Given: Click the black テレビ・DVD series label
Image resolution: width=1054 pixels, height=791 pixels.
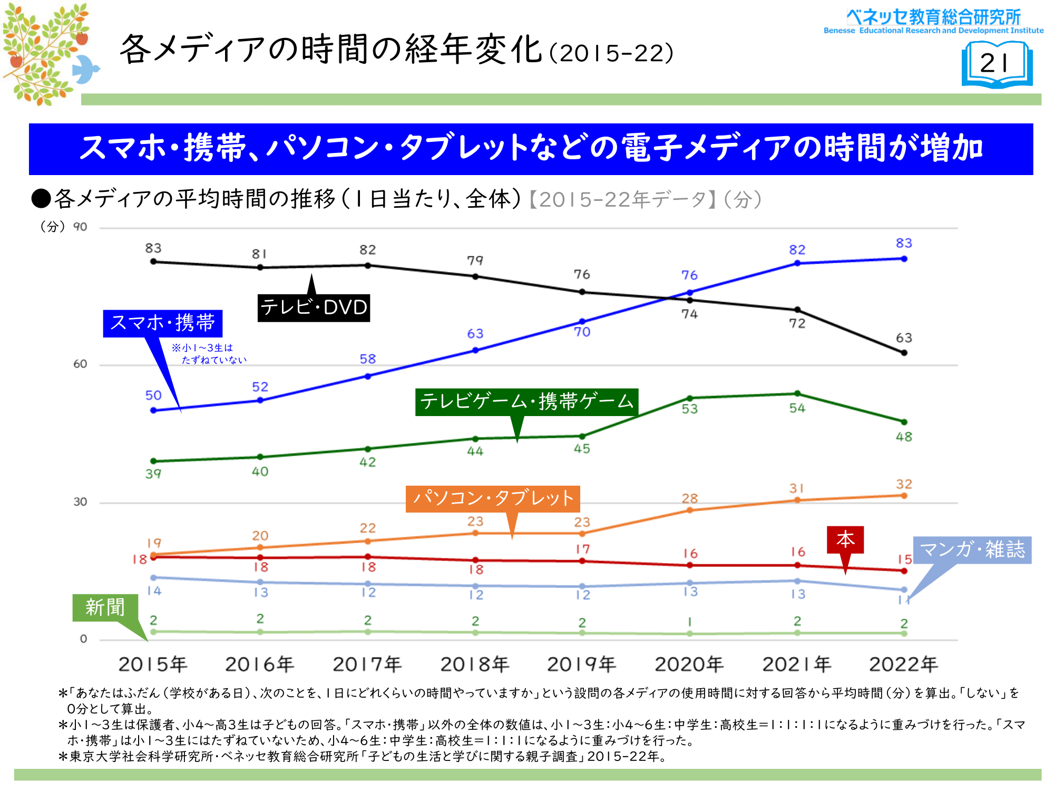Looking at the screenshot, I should [x=314, y=307].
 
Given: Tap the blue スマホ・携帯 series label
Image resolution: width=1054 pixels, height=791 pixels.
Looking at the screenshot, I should [x=162, y=323].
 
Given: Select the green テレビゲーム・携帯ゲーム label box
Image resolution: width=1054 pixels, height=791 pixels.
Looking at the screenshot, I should [x=526, y=402].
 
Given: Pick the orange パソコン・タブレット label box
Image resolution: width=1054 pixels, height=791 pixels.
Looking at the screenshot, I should [x=493, y=498].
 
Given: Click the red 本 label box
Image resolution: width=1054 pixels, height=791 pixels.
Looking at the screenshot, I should [x=845, y=539].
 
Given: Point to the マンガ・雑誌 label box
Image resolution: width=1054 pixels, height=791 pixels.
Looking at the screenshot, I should [x=972, y=550].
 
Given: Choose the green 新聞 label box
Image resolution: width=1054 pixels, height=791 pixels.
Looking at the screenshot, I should [x=105, y=607].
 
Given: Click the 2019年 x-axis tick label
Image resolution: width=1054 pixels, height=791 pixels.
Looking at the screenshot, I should [x=581, y=664].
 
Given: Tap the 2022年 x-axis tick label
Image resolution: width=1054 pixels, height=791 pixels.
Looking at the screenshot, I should [x=903, y=664].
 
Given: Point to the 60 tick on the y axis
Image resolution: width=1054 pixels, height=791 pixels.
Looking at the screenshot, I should [x=80, y=364].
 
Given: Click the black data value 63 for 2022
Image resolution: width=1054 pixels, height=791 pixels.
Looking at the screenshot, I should [x=904, y=337].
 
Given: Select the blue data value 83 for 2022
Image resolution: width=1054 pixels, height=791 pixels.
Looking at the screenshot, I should [x=904, y=243].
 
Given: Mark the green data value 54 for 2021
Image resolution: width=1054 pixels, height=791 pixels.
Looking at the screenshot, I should [x=797, y=408].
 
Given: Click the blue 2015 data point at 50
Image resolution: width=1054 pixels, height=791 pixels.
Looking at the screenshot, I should [x=153, y=410].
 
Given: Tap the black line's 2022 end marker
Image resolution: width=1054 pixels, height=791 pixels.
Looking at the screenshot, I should [x=904, y=353].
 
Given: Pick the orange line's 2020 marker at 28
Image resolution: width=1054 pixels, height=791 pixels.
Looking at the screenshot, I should [x=689, y=510].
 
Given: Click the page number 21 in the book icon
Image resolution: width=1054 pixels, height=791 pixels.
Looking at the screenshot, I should [x=994, y=64].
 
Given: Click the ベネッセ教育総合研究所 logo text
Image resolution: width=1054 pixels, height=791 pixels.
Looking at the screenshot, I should [x=933, y=17].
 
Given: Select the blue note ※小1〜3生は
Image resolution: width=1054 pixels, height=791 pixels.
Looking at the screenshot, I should [x=202, y=348].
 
